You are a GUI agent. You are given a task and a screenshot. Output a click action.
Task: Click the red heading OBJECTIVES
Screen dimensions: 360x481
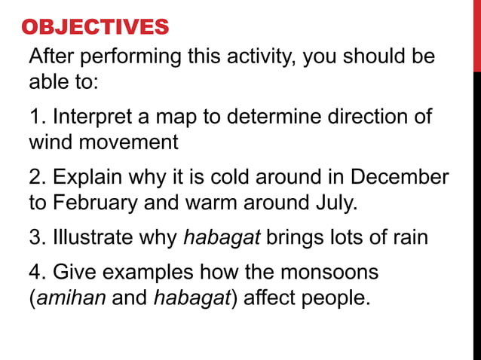[x=96, y=28]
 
